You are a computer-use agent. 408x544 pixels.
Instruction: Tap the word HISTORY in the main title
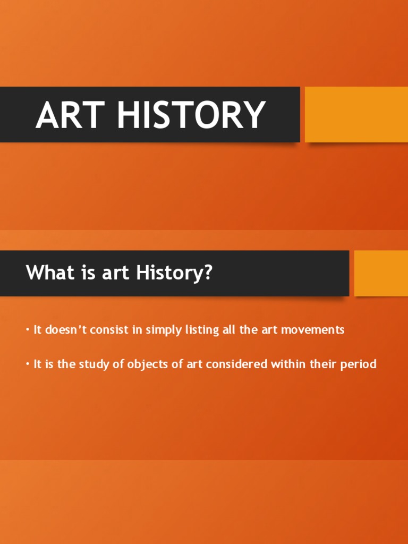(192, 115)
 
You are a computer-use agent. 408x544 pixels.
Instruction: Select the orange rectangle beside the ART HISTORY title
(356, 114)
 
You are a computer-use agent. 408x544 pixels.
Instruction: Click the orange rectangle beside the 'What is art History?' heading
(381, 273)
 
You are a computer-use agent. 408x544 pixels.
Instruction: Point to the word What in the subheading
(47, 273)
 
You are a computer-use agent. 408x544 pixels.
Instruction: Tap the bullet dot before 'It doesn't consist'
(27, 330)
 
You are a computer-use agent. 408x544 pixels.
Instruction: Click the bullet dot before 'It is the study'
(27, 364)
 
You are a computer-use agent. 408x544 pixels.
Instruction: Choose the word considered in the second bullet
(242, 364)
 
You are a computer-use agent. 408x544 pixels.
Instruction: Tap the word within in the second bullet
(291, 364)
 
